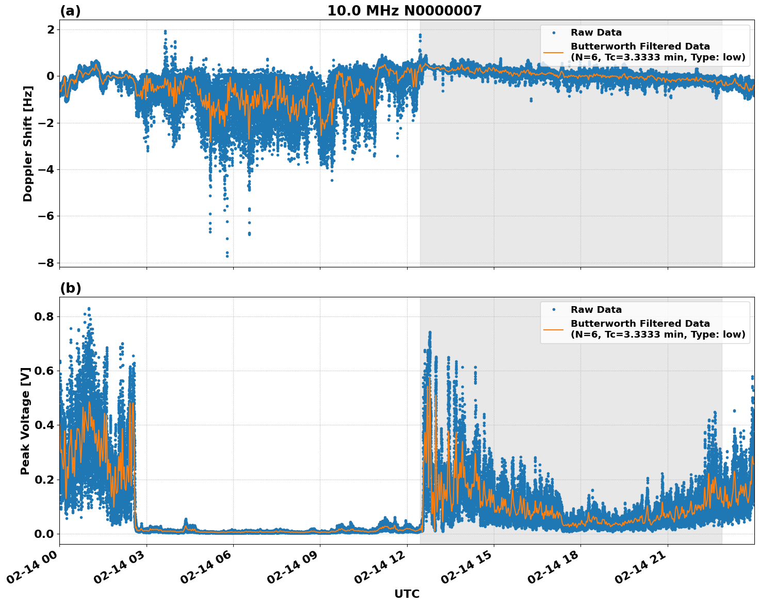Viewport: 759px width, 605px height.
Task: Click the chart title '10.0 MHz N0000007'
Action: [x=404, y=11]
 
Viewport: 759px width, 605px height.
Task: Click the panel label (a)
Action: [x=70, y=11]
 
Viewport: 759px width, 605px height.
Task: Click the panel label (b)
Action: [x=70, y=288]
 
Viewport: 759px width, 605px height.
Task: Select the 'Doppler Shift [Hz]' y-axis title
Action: [x=28, y=144]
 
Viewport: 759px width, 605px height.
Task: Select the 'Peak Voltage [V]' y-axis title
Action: [x=25, y=421]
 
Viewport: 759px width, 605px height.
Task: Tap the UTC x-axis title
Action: [x=407, y=594]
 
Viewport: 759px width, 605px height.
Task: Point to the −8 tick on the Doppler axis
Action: [x=46, y=263]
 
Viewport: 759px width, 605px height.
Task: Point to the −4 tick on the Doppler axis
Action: [x=46, y=169]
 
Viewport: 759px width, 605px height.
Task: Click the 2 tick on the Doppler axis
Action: [x=51, y=29]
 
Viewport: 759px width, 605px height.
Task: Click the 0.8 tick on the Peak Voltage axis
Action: [x=44, y=316]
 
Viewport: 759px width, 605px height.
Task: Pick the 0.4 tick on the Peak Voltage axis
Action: [x=44, y=425]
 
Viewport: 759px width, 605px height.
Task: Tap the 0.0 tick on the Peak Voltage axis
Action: [x=44, y=534]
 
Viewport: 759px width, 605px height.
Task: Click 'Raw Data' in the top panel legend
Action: [x=596, y=33]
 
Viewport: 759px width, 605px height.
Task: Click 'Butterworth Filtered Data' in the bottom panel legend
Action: [x=640, y=324]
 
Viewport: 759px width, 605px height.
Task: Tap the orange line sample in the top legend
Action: [x=553, y=52]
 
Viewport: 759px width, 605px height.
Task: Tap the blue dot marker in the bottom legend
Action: [x=553, y=310]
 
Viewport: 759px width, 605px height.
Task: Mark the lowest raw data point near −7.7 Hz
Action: [x=227, y=256]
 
